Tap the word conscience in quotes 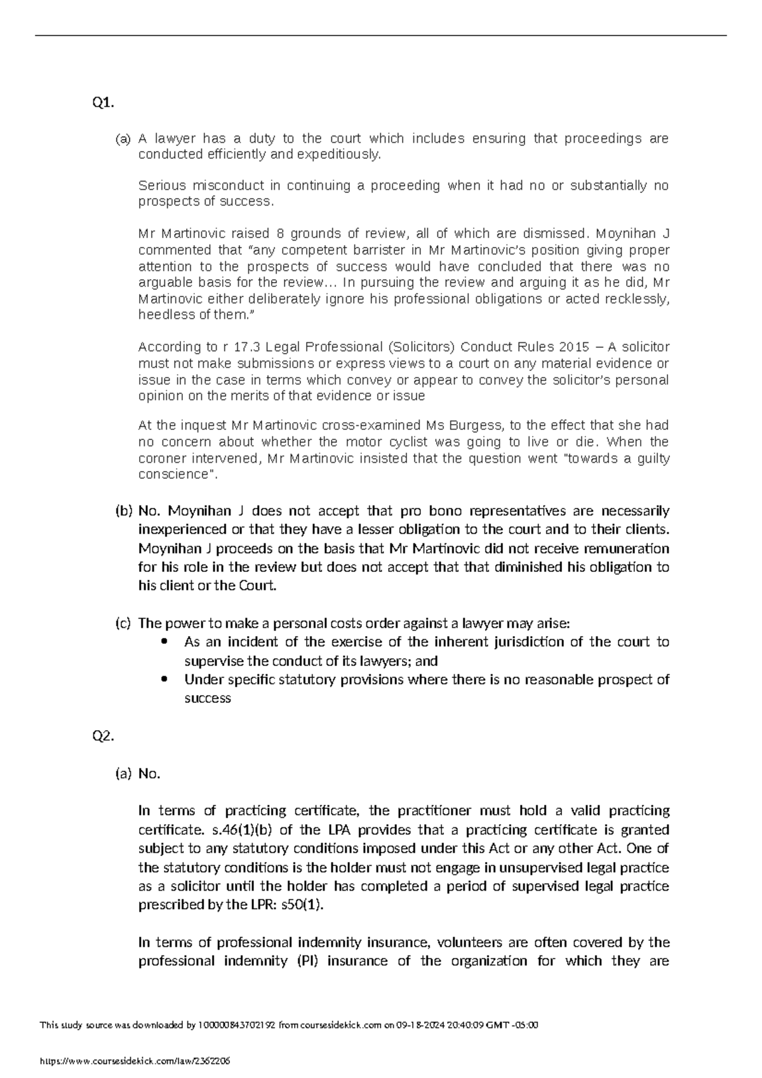tap(173, 475)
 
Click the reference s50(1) tap(302, 905)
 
